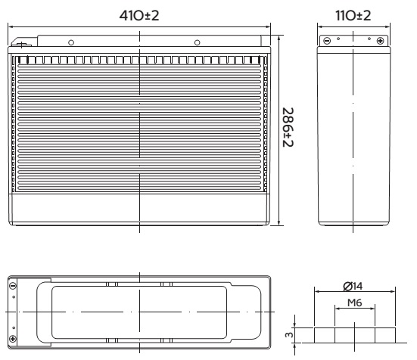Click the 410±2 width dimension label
139,15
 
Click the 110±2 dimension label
353,15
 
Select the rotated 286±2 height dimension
288,127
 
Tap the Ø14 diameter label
353,286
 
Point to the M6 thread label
355,303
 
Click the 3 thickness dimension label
289,335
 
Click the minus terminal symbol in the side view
327,41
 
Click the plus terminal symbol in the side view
381,41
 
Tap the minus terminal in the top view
13,286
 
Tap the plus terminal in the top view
13,339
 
